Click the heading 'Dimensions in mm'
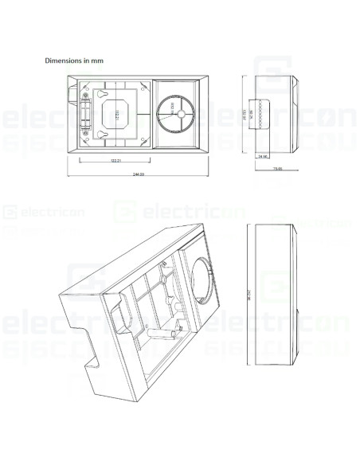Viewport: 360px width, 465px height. pos(74,59)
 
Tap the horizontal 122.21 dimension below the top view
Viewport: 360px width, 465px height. pos(115,162)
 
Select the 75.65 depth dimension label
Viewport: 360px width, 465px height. pos(278,169)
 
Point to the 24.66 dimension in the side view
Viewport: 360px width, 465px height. pos(263,156)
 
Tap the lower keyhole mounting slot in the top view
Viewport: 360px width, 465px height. pos(104,137)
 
